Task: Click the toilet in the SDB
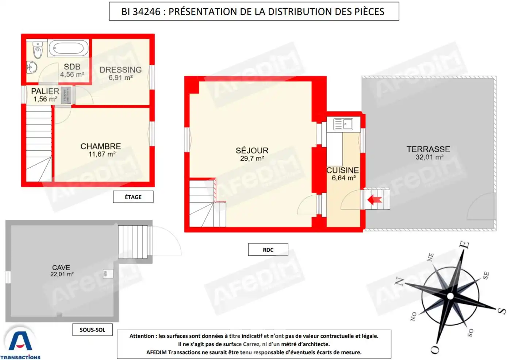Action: (x=38, y=50)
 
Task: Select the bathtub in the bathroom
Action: (x=69, y=48)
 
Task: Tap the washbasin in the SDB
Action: (x=32, y=67)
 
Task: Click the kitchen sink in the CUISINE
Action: (x=343, y=124)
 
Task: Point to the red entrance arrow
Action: (x=374, y=200)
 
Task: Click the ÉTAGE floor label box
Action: (x=133, y=197)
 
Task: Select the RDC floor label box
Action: (x=268, y=250)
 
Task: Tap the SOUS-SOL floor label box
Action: (x=92, y=330)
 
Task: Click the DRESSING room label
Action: (x=120, y=70)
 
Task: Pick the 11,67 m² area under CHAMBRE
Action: (x=102, y=154)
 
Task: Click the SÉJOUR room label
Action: (x=252, y=150)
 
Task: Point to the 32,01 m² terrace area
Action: (x=429, y=157)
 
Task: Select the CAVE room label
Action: (x=61, y=268)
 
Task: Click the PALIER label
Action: (x=45, y=91)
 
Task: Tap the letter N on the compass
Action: (x=399, y=281)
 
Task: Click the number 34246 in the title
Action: (x=146, y=12)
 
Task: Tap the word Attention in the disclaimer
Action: (x=142, y=336)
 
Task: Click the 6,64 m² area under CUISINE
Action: (x=343, y=178)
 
